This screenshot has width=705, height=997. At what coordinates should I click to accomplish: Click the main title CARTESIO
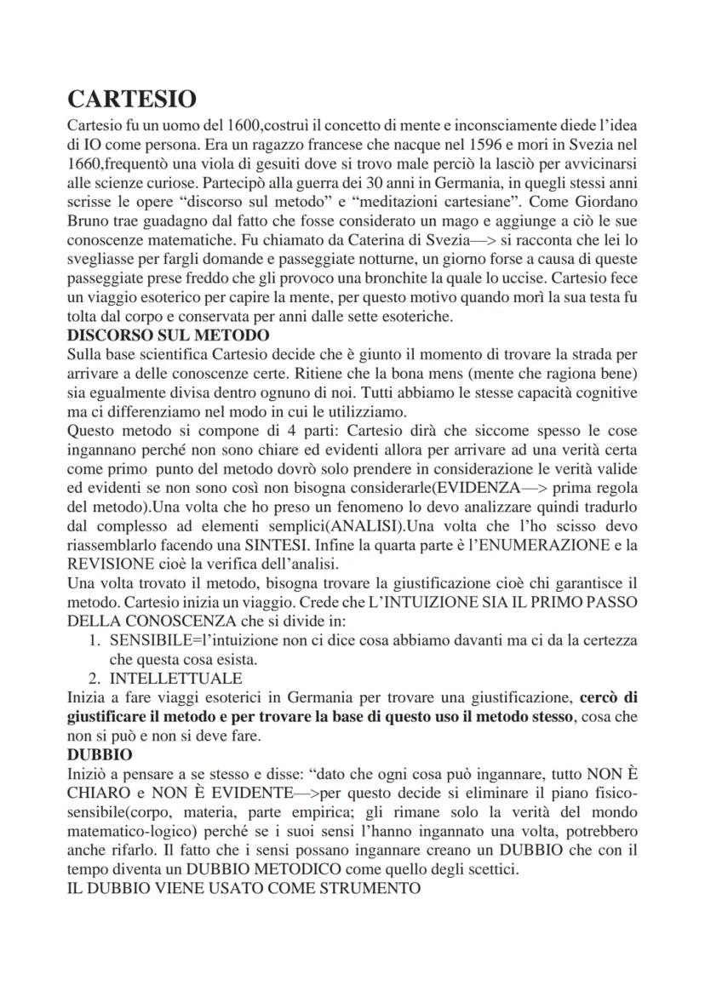click(131, 99)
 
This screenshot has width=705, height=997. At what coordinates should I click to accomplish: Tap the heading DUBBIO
click(98, 755)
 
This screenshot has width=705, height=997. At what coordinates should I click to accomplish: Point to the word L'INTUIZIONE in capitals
click(398, 601)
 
